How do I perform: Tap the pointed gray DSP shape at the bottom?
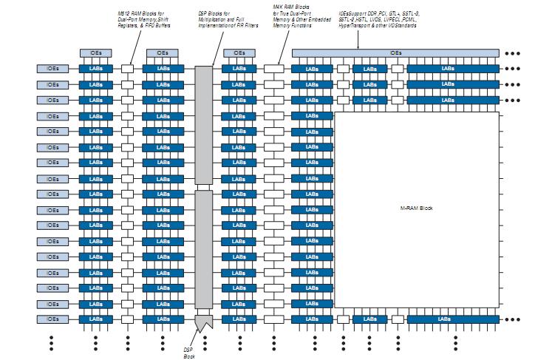point(203,322)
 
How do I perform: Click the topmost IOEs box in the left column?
point(52,69)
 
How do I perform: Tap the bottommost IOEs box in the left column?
point(52,319)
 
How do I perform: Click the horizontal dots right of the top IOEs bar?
point(512,53)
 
